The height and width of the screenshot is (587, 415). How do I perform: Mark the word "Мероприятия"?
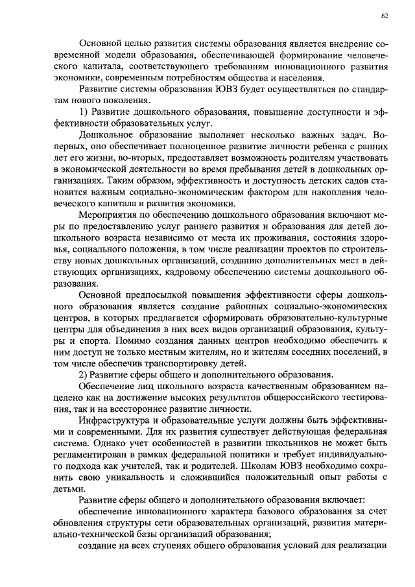[111, 216]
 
